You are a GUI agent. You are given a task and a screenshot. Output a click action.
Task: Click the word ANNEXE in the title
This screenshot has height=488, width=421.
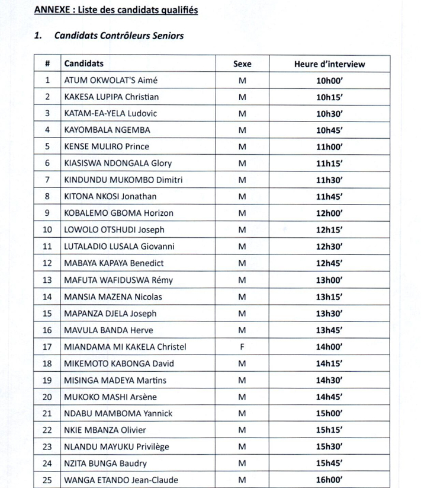click(x=52, y=10)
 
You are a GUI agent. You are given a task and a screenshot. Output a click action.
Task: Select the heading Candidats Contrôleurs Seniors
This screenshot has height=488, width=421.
click(x=118, y=36)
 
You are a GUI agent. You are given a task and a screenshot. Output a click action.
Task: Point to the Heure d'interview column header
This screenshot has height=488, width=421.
click(x=330, y=63)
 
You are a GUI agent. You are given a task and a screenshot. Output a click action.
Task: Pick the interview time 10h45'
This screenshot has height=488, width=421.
click(x=330, y=130)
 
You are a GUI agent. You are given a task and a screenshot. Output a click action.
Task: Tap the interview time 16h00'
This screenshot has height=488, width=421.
click(x=330, y=480)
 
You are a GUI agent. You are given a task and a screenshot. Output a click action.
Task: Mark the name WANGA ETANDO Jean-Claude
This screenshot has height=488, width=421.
click(x=121, y=480)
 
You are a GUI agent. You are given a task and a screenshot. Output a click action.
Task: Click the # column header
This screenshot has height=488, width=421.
click(x=47, y=63)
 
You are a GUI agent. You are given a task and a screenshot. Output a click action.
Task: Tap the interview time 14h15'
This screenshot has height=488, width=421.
click(x=330, y=363)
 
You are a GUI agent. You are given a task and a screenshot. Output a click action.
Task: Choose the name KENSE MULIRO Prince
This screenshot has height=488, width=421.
click(x=107, y=146)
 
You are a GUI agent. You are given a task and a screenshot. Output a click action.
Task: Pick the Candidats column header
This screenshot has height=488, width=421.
click(x=84, y=63)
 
